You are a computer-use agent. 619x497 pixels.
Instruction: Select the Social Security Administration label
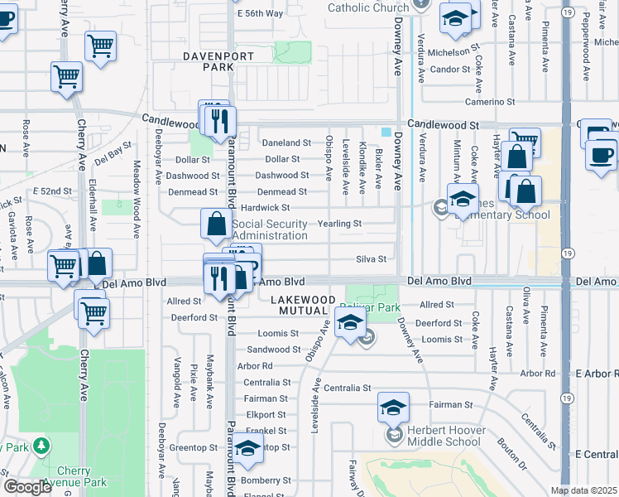click(x=270, y=229)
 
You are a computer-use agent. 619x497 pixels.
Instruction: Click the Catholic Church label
click(x=368, y=8)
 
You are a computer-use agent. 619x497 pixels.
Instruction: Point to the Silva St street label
click(x=371, y=259)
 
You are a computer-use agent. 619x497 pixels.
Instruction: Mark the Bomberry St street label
click(x=263, y=480)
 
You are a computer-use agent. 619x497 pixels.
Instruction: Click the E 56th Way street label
click(x=260, y=14)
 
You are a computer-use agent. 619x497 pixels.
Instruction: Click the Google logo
click(x=27, y=487)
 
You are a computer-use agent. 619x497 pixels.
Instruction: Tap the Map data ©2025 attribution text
click(x=583, y=490)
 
